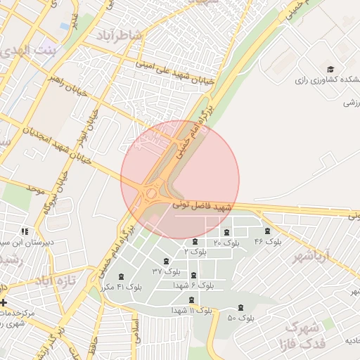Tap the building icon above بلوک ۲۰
[x=226, y=232]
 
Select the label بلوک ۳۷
[x=167, y=271]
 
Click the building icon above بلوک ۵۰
[x=242, y=307]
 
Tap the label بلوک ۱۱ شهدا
[x=192, y=310]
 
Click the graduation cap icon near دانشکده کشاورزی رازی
[x=330, y=68]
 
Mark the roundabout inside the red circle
[x=150, y=193]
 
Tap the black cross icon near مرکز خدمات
[x=4, y=302]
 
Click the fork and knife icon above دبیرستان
[x=25, y=231]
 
